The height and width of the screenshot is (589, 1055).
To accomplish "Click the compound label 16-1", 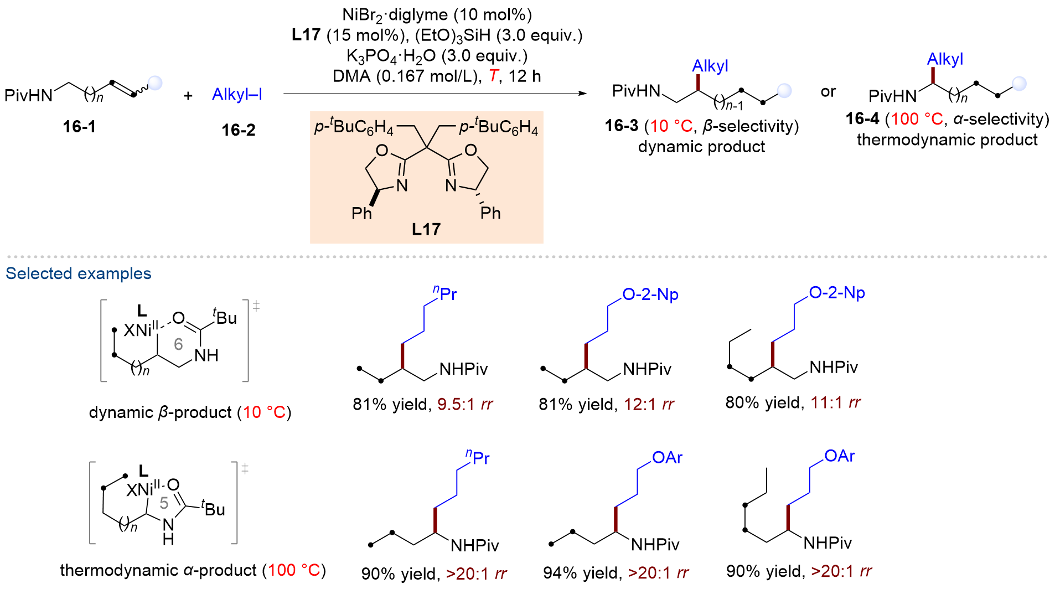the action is click(79, 127).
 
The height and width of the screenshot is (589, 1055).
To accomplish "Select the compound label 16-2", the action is click(239, 130).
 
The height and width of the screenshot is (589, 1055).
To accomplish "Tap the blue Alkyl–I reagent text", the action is click(237, 94).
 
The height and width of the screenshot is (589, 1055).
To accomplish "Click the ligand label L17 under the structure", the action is click(426, 229).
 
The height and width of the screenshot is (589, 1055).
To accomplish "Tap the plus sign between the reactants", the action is click(188, 96).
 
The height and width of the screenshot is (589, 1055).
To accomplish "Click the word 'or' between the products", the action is click(828, 92).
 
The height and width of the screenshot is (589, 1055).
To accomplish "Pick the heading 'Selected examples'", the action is click(79, 273).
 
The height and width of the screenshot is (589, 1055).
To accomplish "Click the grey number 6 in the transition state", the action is click(178, 344).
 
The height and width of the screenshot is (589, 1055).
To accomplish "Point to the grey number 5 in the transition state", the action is click(164, 503).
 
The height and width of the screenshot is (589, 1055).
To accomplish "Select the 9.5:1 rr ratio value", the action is click(464, 405).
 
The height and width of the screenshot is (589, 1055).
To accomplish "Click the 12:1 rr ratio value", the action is click(649, 405).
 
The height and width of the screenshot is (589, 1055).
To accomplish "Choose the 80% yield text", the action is click(764, 402).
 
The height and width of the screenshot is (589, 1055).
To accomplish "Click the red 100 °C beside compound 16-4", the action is click(917, 119).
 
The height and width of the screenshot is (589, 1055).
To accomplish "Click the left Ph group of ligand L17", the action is click(361, 213).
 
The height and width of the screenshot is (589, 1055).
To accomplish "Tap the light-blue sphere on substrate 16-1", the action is click(156, 83).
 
